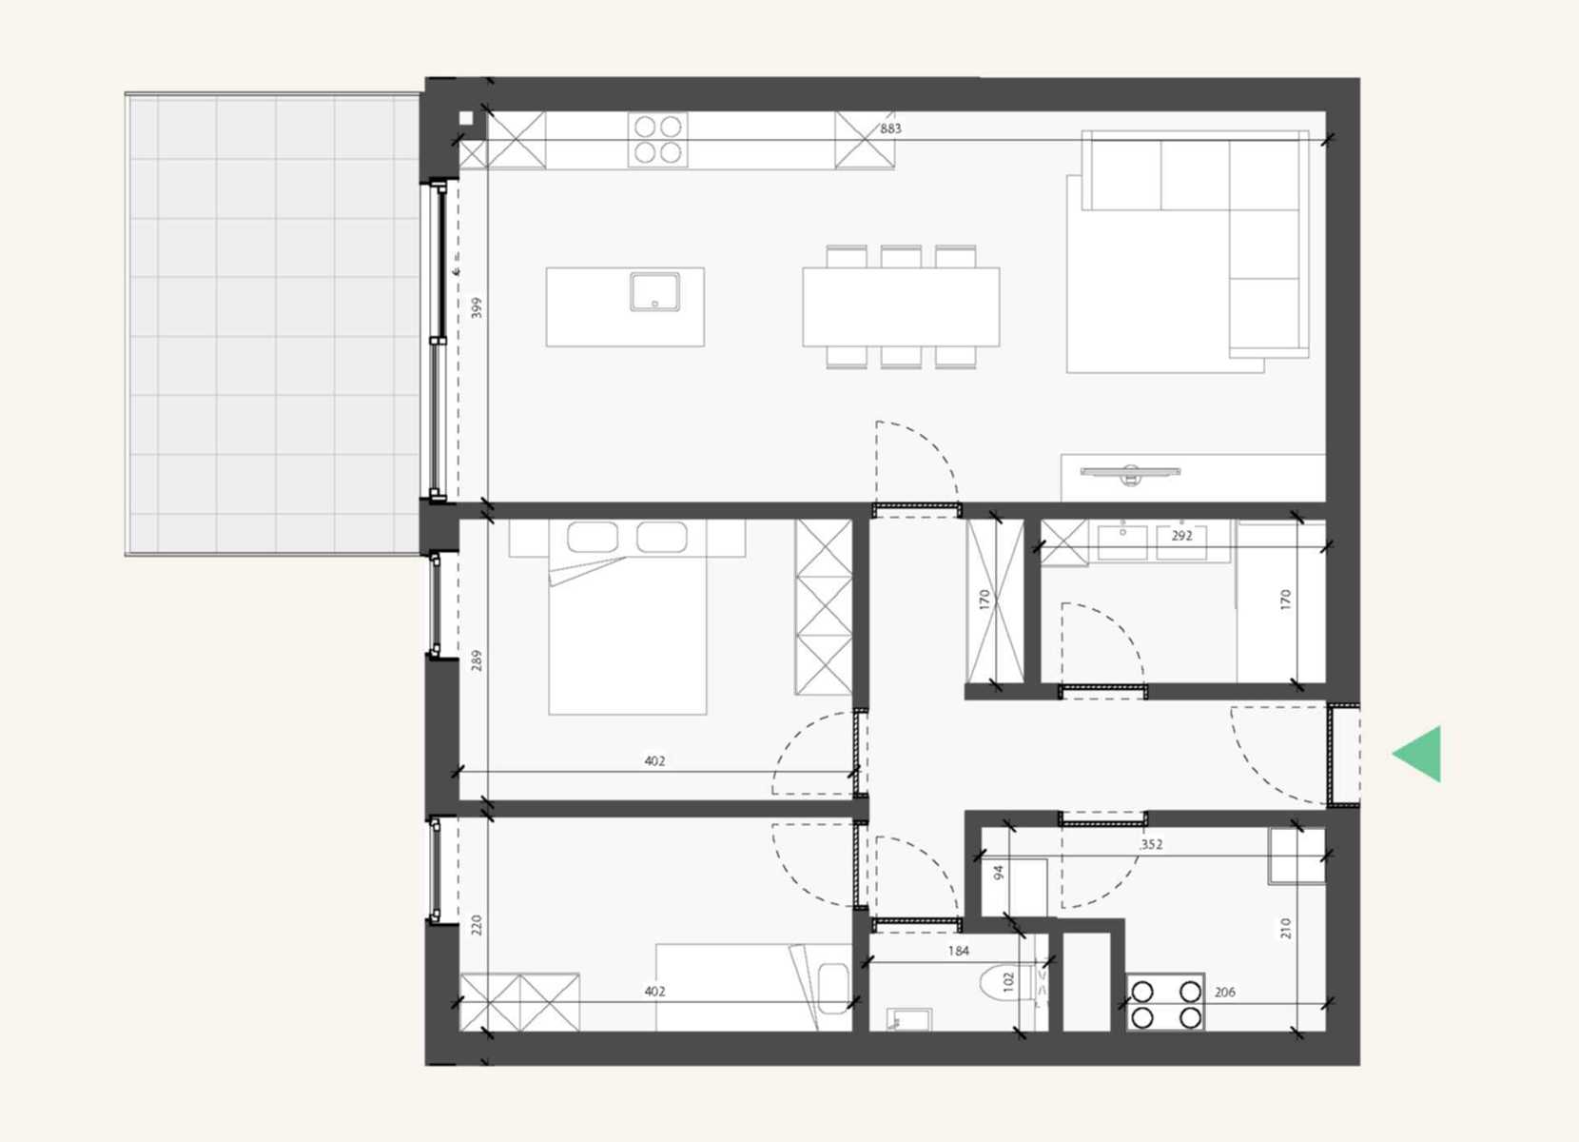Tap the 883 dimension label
pos(890,128)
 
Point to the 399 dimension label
pos(477,308)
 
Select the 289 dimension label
pos(477,660)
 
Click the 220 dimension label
pos(477,925)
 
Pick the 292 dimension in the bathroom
pos(1181,536)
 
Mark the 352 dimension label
pos(1151,844)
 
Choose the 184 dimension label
pos(958,951)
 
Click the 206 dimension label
pos(1224,993)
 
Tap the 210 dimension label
pos(1286,928)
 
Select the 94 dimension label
pos(999,872)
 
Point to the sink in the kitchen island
pos(655,292)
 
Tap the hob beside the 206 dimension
pos(1165,1003)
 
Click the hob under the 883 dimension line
pos(657,140)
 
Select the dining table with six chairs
pos(901,306)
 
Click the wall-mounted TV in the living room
pos(1130,473)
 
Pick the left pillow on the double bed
pos(592,537)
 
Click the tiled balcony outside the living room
pos(273,324)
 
